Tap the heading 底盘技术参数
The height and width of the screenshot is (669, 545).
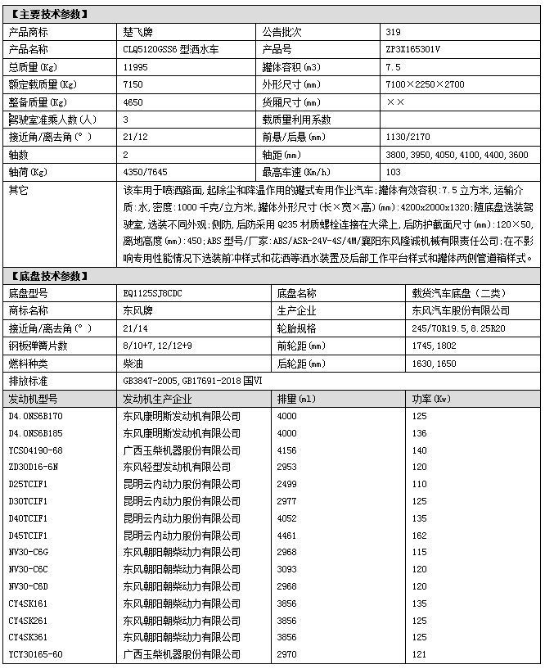[48, 275]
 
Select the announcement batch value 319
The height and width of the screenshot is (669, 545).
[393, 33]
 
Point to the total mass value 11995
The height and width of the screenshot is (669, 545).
[136, 66]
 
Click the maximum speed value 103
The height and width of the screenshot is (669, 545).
[393, 172]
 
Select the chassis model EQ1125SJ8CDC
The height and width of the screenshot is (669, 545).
[153, 293]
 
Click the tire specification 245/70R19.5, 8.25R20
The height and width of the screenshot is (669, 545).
[454, 328]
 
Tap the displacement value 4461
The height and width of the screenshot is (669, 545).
[286, 536]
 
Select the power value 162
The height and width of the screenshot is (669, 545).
[419, 536]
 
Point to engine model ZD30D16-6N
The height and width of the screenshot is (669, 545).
[34, 467]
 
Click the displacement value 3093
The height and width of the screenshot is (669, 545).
[286, 570]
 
